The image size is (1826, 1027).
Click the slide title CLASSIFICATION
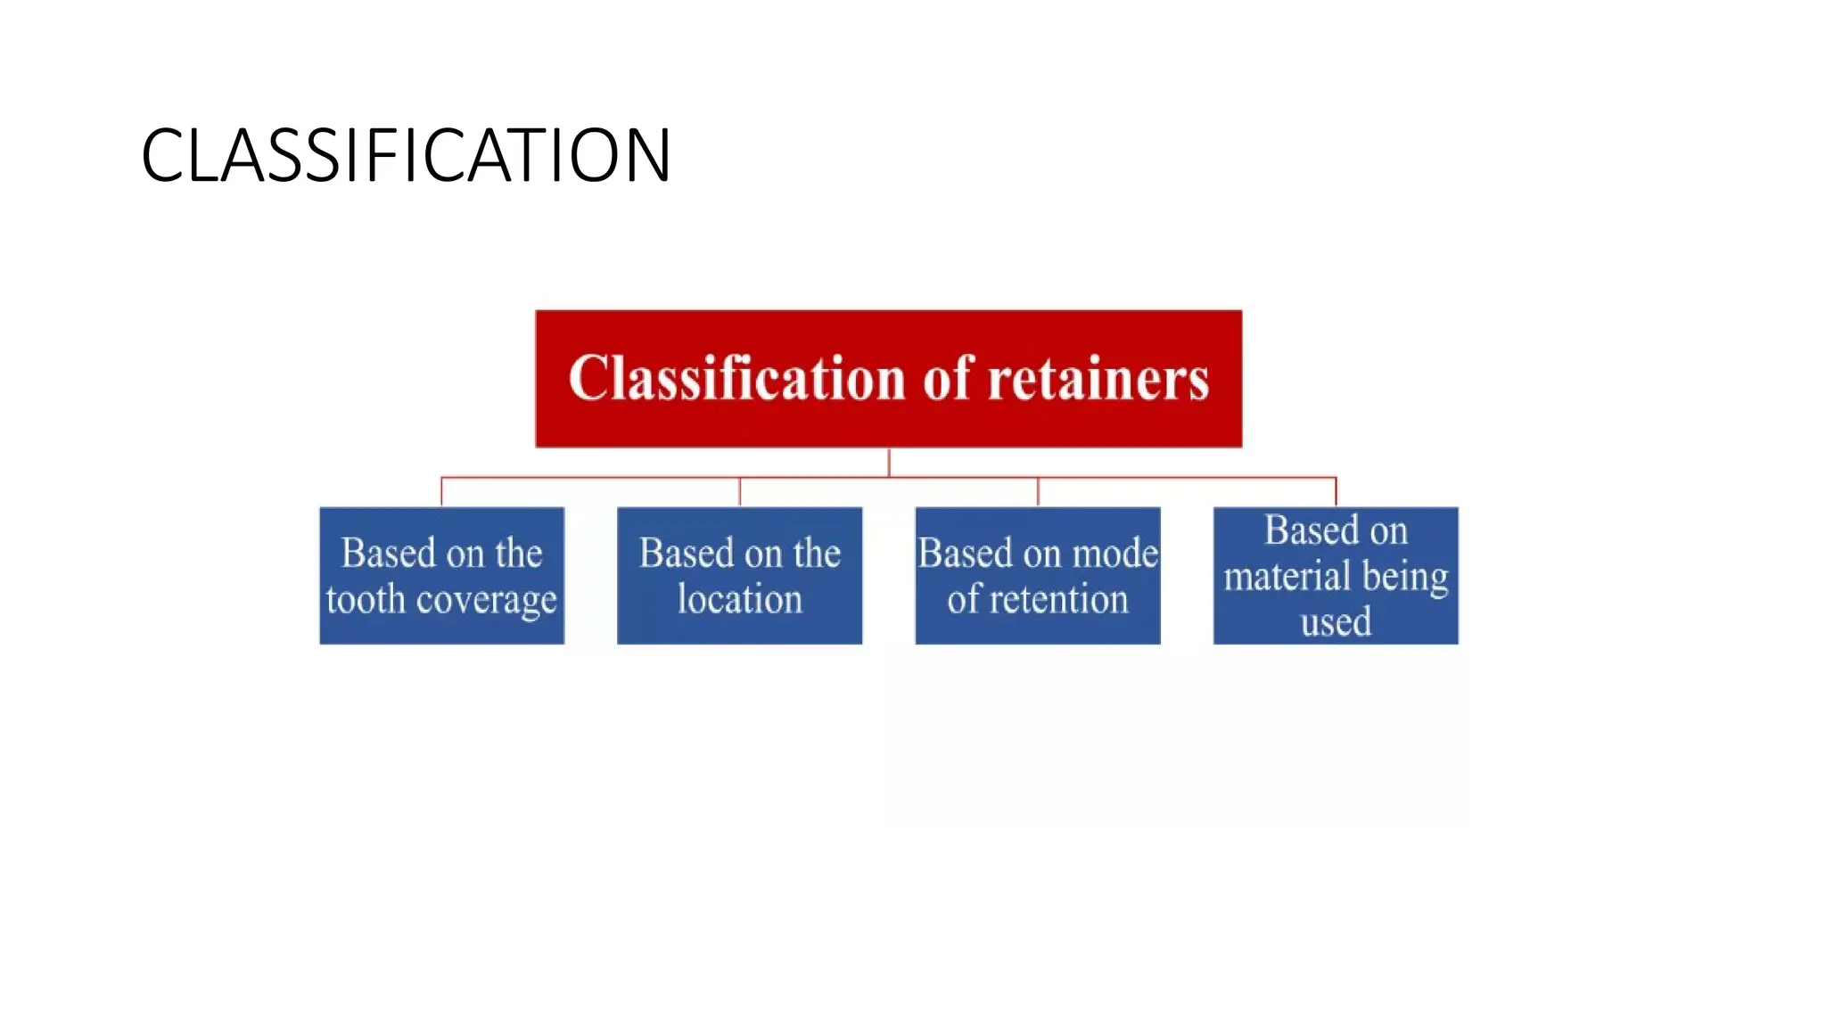click(406, 156)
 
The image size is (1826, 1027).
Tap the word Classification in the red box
click(736, 378)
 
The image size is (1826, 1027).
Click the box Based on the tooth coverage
click(441, 575)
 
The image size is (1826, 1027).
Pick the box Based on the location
click(739, 575)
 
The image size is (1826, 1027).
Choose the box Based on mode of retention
click(1037, 575)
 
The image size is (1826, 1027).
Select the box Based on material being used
click(1336, 575)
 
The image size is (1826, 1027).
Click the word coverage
click(486, 600)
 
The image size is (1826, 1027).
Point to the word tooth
click(366, 599)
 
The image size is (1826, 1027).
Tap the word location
click(739, 599)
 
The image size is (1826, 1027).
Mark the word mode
click(1115, 554)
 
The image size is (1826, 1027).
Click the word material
click(1287, 576)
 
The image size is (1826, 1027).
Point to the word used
click(1336, 622)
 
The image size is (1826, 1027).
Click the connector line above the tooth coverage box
click(441, 492)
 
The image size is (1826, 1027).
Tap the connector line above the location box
click(739, 492)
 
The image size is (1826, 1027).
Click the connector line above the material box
click(1336, 492)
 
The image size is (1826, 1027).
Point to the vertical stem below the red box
click(889, 462)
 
